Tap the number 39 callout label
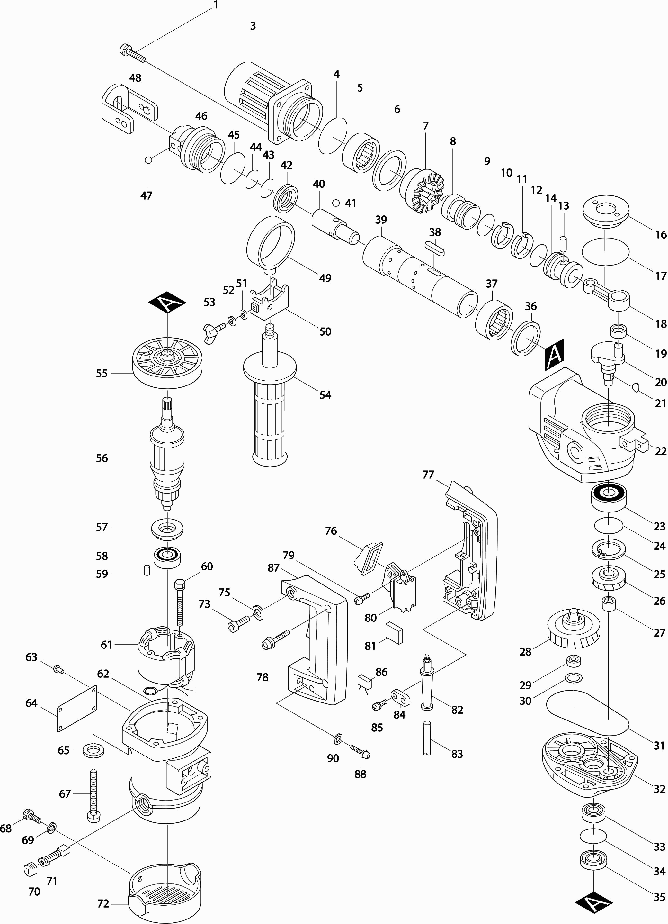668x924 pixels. [x=381, y=220]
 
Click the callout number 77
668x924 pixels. [x=428, y=475]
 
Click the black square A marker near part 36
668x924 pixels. [x=554, y=354]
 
